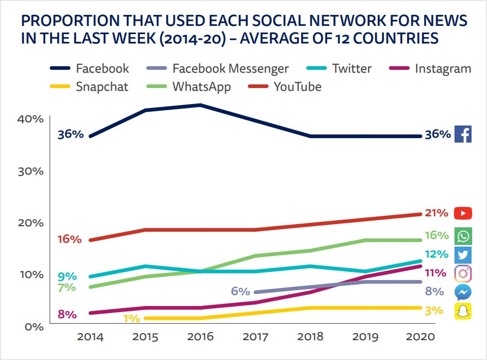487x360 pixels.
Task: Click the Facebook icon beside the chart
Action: (463, 134)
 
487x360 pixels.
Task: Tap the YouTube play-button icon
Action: (463, 213)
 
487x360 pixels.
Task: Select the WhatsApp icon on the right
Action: (463, 236)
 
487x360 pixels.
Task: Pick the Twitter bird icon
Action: (463, 254)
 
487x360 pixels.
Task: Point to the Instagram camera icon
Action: (463, 273)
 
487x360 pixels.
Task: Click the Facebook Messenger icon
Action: (463, 292)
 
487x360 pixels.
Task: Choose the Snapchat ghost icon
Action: (463, 311)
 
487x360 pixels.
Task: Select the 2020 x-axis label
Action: (420, 337)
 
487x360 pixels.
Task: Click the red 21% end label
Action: (437, 214)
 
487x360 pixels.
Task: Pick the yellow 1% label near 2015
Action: (131, 318)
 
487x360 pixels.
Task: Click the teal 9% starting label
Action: (67, 277)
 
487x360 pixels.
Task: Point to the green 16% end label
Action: (437, 236)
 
